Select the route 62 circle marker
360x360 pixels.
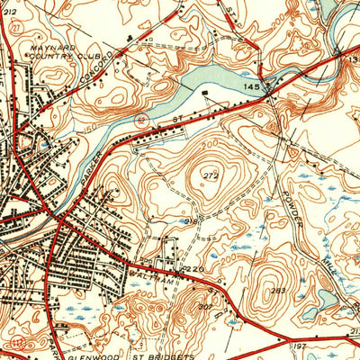139,118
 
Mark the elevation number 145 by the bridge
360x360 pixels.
251,84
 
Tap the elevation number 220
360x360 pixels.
191,267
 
